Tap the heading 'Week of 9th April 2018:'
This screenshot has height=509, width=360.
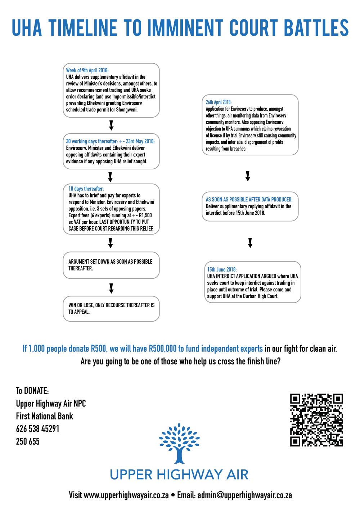87,70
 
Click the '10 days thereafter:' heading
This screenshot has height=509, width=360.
86,188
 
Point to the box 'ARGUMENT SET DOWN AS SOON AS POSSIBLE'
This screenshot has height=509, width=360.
111,265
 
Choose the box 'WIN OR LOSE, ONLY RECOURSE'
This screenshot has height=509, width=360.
111,309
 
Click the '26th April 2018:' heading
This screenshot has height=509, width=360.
219,102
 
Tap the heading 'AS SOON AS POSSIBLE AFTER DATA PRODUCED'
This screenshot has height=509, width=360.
249,200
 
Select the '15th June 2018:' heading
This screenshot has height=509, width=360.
222,269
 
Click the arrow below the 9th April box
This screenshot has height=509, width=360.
111,126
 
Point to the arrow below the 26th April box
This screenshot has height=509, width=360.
248,176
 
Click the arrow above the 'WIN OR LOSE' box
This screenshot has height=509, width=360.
111,288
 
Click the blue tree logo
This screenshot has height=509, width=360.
179,443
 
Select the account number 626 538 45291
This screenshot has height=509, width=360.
37,429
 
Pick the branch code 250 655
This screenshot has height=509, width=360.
28,441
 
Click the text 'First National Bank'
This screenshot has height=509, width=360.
45,416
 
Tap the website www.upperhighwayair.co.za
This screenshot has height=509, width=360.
126,495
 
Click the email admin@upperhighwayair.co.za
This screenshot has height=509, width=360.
244,495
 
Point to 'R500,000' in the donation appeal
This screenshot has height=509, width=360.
162,348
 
